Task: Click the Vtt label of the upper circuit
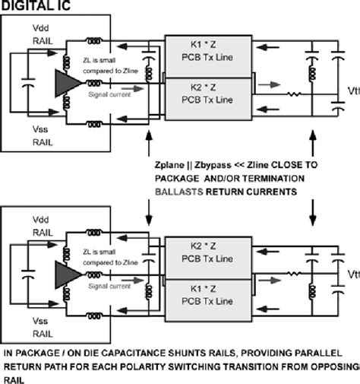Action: [352, 94]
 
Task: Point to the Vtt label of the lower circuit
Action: [352, 275]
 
